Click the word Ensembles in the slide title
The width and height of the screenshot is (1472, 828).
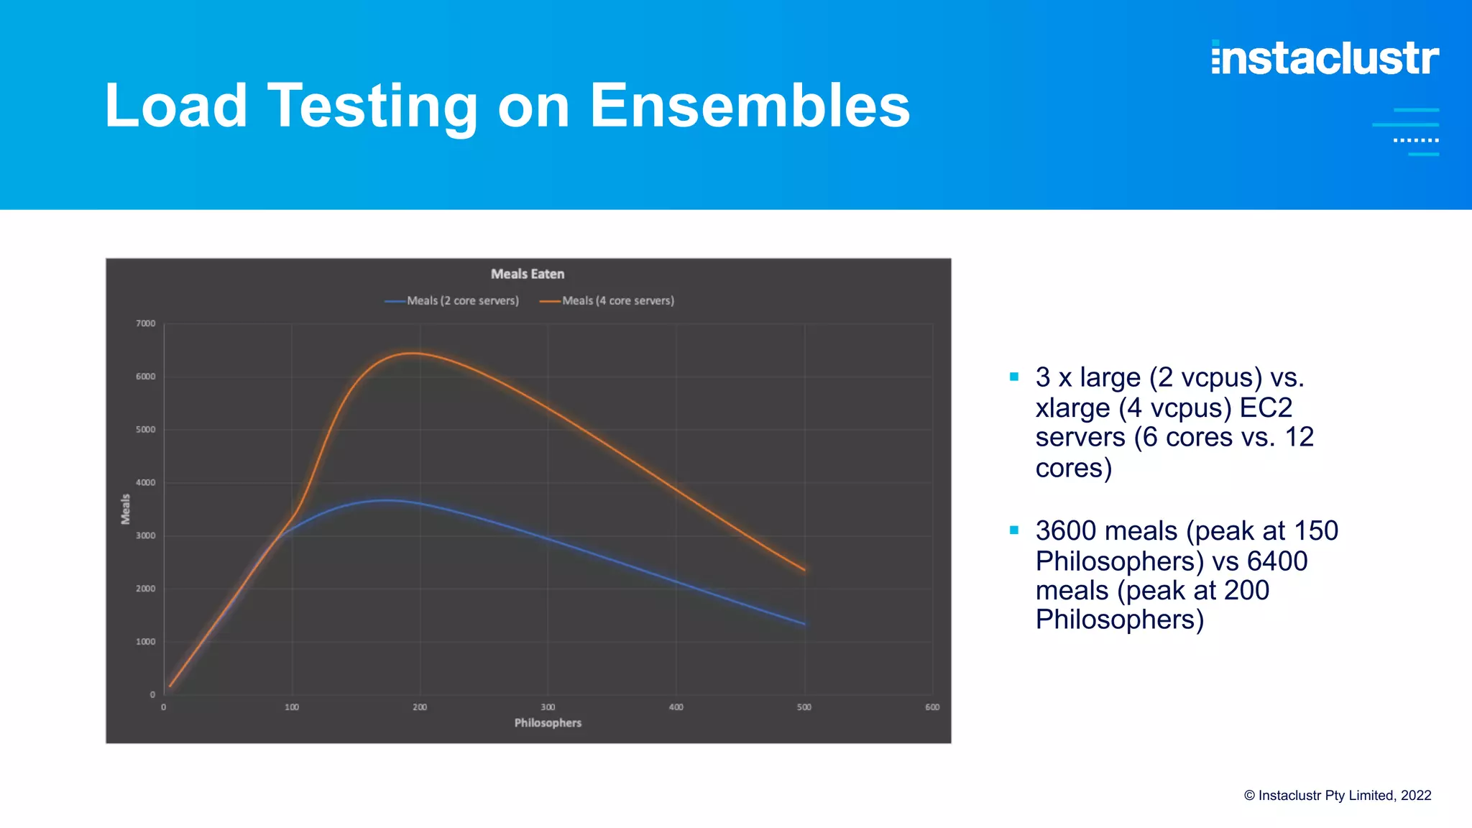(x=750, y=106)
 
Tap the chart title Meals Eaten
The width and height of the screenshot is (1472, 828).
(x=528, y=274)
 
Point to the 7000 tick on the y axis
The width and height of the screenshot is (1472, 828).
(x=146, y=323)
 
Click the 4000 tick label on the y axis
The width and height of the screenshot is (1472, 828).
(x=146, y=482)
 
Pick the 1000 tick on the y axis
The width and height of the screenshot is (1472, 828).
(x=146, y=641)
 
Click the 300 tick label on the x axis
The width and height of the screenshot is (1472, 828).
(x=548, y=707)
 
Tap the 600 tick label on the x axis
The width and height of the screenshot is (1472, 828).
(x=932, y=707)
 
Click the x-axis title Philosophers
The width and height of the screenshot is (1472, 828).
(x=548, y=723)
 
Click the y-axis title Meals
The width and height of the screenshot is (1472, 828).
(x=126, y=509)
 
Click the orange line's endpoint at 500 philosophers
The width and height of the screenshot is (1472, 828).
(x=804, y=570)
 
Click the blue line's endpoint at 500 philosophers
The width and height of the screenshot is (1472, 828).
(x=804, y=624)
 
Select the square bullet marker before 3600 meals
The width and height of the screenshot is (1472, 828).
(x=1014, y=530)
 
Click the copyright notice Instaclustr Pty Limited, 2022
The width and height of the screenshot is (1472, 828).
(x=1338, y=796)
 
